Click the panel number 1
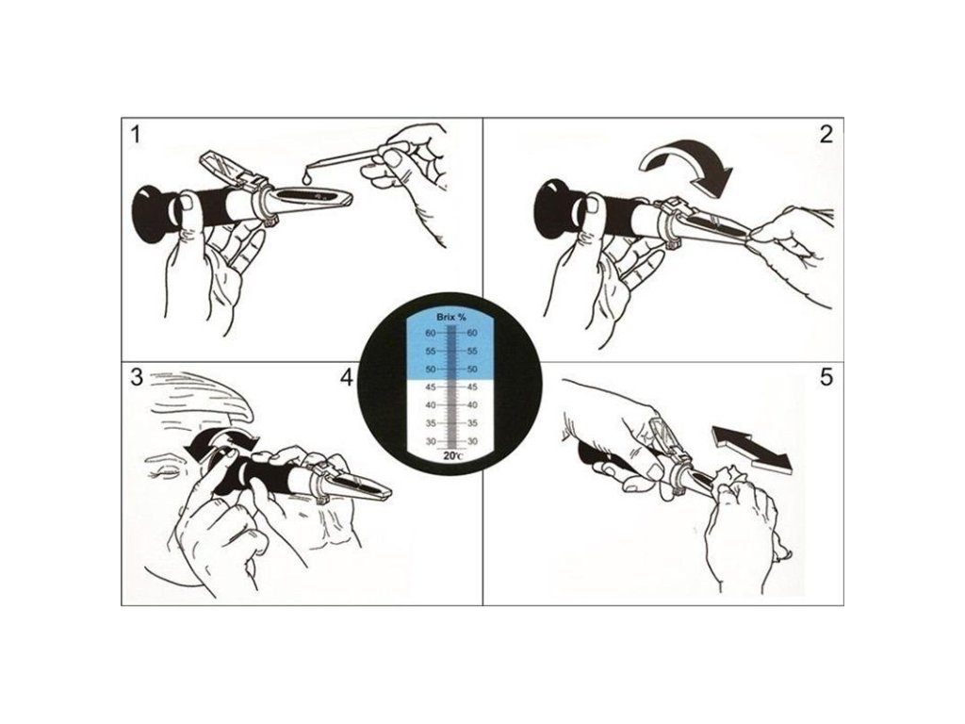136,135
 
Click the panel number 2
826,134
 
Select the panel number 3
137,377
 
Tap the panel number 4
347,377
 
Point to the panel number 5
826,377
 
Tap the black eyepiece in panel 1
152,212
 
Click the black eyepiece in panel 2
554,208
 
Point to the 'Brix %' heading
450,318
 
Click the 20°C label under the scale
452,456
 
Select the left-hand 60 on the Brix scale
430,333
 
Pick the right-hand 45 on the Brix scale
473,387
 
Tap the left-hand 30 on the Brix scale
430,441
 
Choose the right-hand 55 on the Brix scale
473,352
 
